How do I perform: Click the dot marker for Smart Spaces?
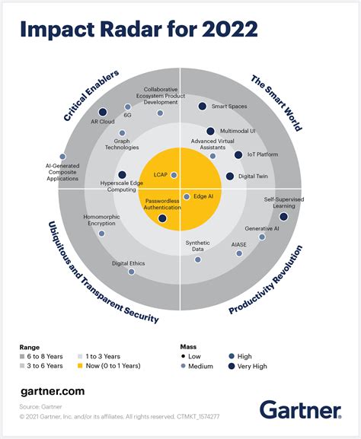(203, 107)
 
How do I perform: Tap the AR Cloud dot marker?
(103, 113)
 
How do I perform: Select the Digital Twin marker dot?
(230, 177)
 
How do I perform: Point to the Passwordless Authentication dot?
(162, 219)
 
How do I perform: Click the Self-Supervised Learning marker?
(283, 217)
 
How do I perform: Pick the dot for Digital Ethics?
(131, 272)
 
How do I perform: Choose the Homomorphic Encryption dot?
(102, 234)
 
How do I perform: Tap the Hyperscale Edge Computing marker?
(123, 175)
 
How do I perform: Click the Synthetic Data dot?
(198, 259)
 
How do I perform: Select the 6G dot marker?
(127, 107)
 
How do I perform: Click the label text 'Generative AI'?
(262, 228)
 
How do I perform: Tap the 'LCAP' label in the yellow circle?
(161, 175)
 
